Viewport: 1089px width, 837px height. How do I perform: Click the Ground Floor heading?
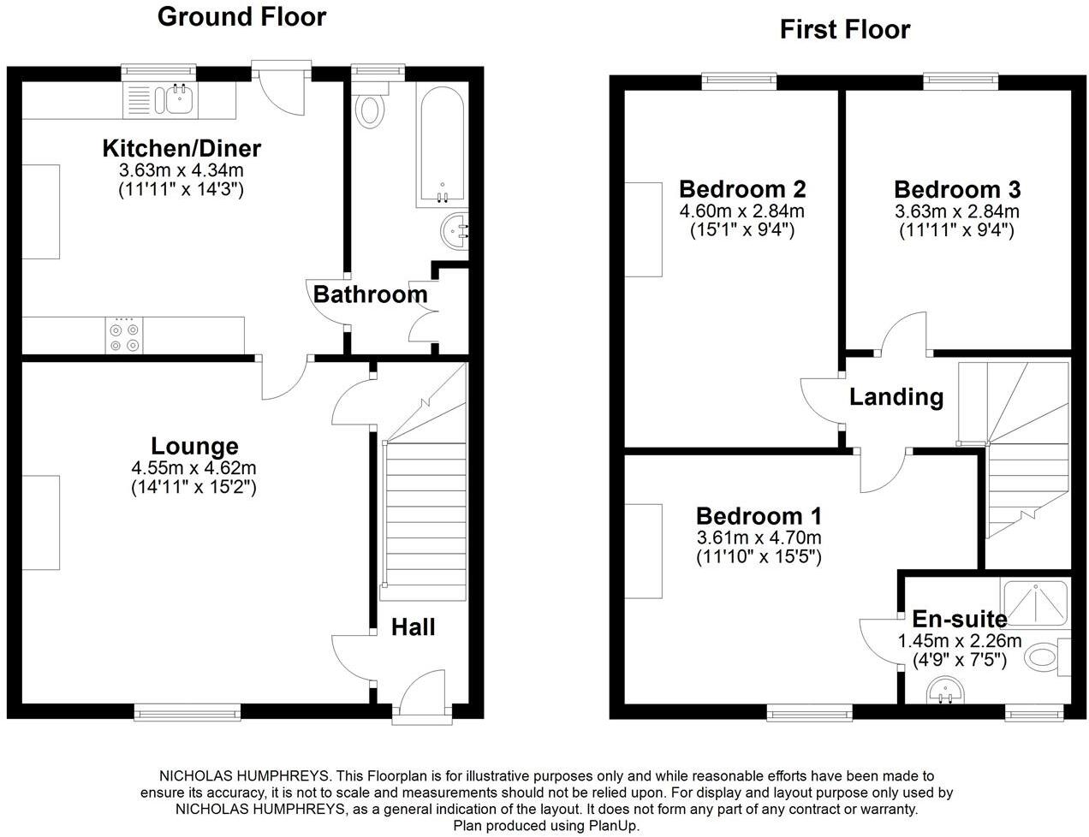[x=241, y=17]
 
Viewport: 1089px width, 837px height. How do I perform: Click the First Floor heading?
[x=845, y=30]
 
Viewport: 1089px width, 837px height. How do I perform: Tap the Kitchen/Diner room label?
[x=181, y=149]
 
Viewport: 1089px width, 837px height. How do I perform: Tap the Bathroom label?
[x=371, y=294]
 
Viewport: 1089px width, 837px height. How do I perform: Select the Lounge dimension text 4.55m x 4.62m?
[x=194, y=468]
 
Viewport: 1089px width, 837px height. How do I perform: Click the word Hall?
[x=413, y=627]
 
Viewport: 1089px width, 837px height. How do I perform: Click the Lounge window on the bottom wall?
[x=187, y=711]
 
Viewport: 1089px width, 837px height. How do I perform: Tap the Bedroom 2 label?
[x=742, y=189]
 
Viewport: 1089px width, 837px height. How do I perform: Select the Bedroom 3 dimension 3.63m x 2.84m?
[x=956, y=211]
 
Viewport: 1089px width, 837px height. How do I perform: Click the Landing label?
[x=896, y=397]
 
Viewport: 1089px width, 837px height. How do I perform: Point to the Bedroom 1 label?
[x=759, y=516]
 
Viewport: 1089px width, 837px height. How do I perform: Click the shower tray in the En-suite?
[x=1034, y=603]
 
